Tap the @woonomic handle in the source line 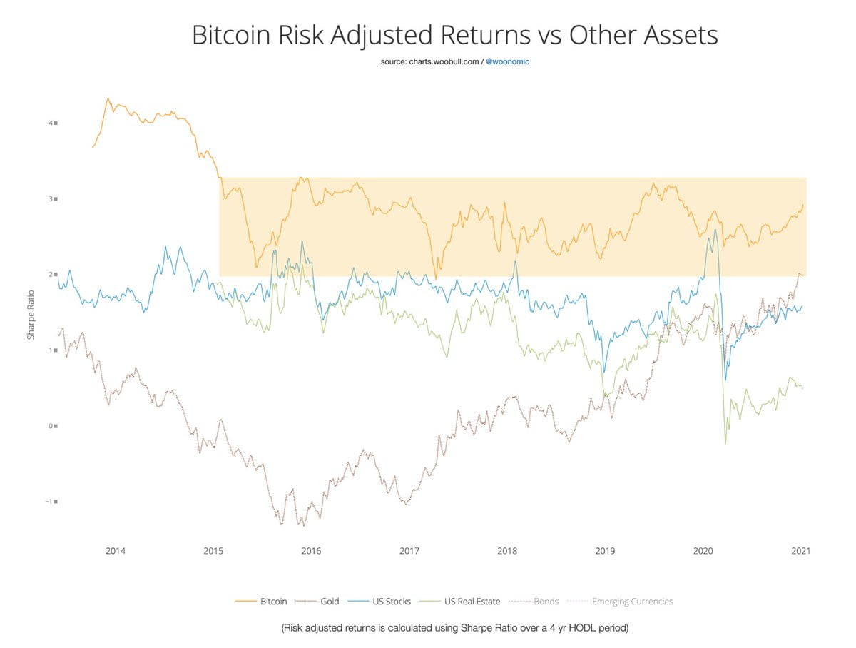point(508,62)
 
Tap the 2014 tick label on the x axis point(116,551)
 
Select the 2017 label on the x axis point(409,551)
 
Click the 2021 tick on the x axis point(800,551)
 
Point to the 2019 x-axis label point(605,551)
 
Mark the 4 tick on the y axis point(52,123)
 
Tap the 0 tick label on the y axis point(52,426)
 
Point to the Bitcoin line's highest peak point(108,98)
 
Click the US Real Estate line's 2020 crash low point(725,444)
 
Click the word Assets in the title point(678,35)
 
